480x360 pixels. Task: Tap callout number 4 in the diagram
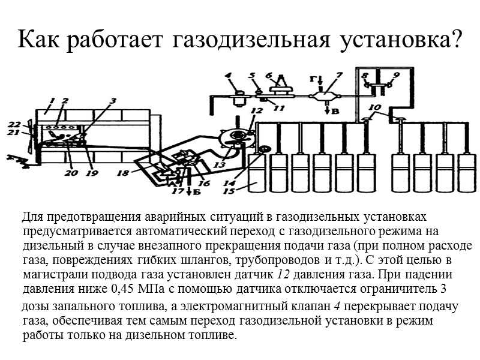coord(229,76)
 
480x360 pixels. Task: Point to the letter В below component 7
coord(328,110)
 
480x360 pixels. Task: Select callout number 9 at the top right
coord(396,76)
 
